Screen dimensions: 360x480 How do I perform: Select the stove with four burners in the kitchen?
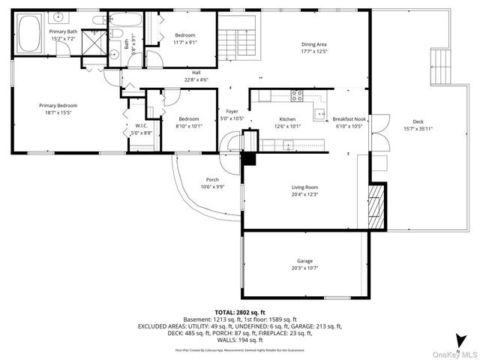tap(297, 94)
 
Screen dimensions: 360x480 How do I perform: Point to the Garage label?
tap(304, 261)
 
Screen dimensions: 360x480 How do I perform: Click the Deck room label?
tap(418, 122)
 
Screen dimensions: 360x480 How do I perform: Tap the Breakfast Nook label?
tap(349, 119)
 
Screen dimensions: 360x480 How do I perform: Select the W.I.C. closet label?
tap(142, 125)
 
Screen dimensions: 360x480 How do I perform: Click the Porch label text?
tap(212, 180)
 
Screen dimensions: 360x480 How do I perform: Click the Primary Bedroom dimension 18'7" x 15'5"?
tap(58, 112)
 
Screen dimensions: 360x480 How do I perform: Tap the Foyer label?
tap(232, 112)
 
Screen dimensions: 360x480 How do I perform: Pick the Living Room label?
tap(304, 187)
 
